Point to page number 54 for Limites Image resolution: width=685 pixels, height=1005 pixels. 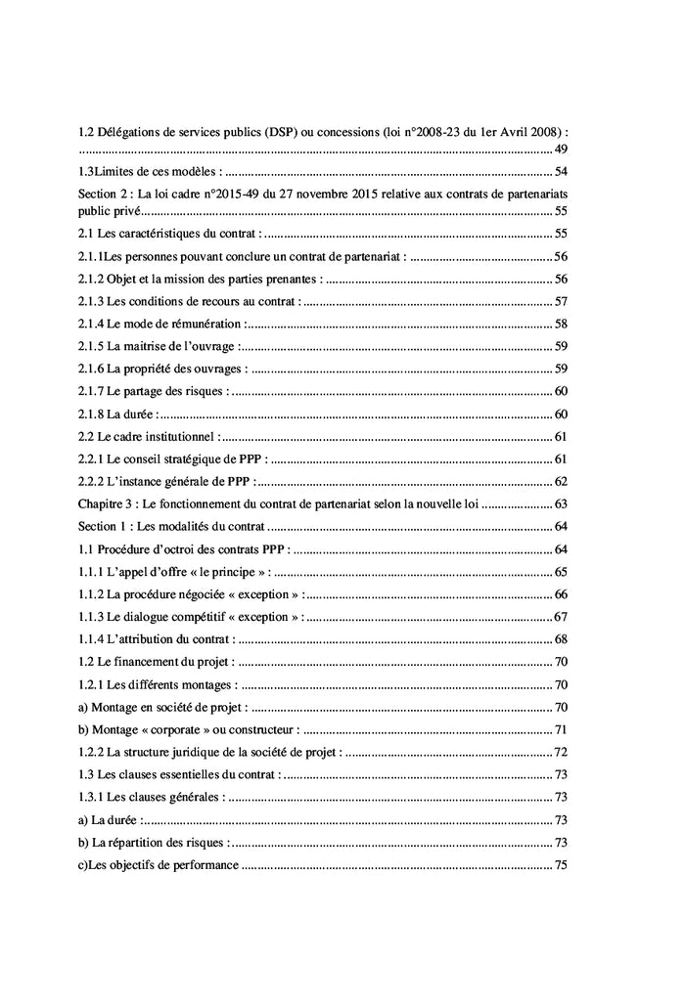click(562, 172)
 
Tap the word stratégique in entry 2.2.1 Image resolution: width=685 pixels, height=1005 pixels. click(197, 459)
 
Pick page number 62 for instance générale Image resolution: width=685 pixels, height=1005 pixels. click(562, 481)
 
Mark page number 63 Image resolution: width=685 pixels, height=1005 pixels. click(562, 504)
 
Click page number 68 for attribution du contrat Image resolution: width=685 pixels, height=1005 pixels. click(562, 639)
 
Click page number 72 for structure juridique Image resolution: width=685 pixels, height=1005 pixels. click(562, 752)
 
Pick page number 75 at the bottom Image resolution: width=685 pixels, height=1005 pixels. click(562, 865)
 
